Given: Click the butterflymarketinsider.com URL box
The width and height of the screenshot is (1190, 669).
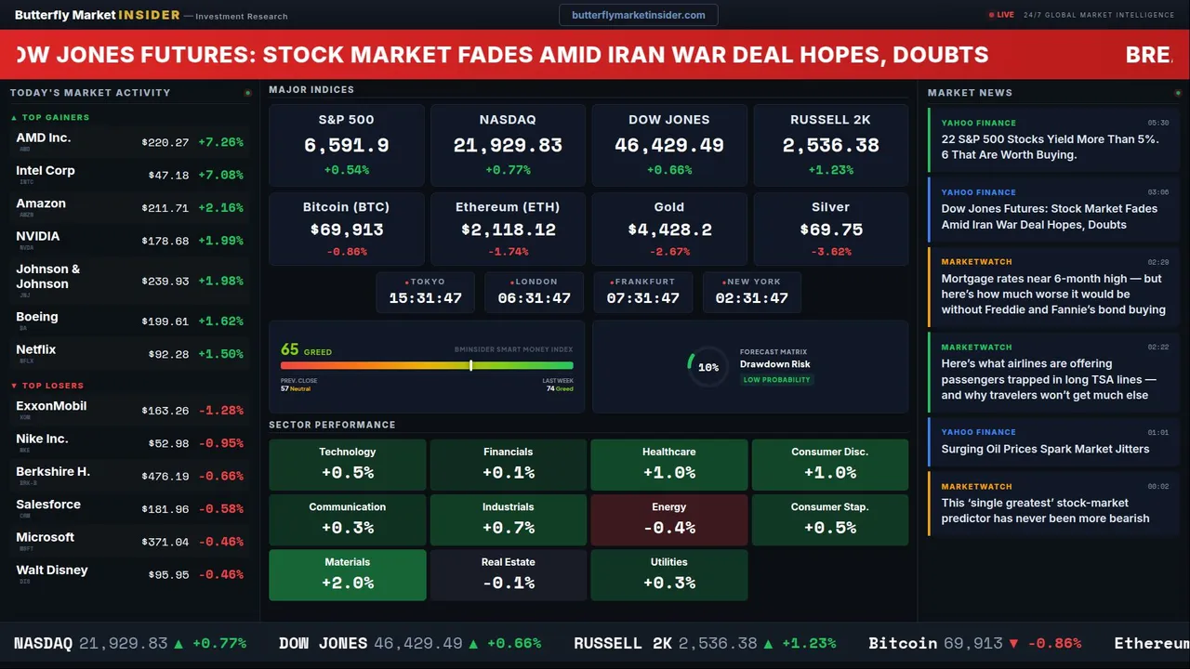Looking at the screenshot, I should coord(639,15).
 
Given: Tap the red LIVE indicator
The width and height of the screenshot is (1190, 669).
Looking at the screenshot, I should coord(1002,15).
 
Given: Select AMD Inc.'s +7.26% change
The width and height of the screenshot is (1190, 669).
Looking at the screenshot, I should coord(220,142).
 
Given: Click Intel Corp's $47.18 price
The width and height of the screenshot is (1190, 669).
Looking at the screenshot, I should coord(168,175).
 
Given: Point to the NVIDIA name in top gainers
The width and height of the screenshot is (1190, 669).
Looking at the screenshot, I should coord(38,236).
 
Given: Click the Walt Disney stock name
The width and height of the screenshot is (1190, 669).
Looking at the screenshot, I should coord(52,570).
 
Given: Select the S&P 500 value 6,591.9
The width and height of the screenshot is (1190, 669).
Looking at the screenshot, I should coord(346,146).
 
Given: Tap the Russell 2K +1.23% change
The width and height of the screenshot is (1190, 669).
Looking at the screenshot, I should coord(830,170).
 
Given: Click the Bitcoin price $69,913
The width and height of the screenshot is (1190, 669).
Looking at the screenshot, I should coord(346,230).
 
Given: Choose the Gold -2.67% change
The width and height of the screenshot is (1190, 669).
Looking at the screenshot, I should coord(668,252).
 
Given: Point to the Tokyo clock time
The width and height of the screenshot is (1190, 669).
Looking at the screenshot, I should coord(425,298).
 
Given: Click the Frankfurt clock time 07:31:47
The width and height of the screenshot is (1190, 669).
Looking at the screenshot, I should coord(642,298).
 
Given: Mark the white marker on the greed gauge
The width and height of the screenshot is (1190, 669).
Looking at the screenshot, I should coord(471,365).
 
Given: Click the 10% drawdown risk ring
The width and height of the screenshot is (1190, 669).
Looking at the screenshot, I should coord(707,367).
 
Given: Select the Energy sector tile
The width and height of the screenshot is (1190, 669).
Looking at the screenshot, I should coord(668,519).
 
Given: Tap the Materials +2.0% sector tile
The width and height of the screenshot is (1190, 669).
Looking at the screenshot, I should coord(347,574).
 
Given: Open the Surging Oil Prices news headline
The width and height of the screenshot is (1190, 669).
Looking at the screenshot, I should coord(1045,449).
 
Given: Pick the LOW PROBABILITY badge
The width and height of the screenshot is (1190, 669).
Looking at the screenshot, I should coord(776,380).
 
